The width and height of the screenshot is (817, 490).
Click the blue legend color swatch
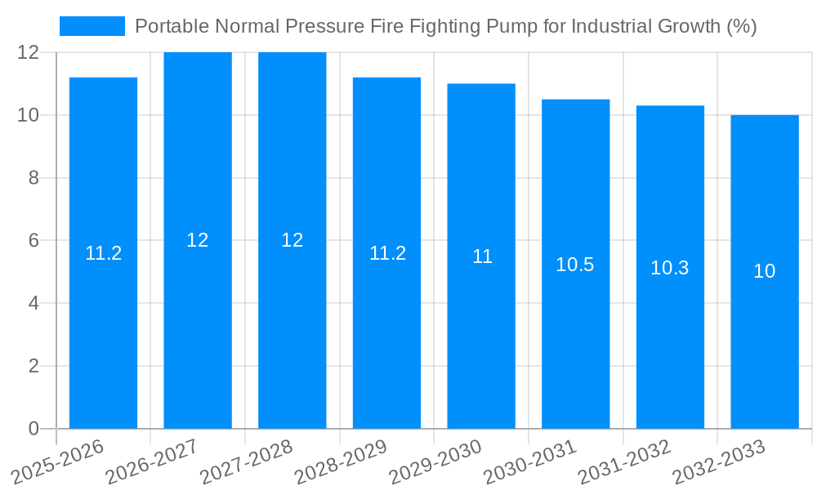pos(92,26)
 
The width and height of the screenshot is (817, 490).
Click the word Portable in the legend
pos(166,26)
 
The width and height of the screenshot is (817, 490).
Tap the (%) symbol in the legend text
pos(741,26)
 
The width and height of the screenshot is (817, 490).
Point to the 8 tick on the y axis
pos(33,178)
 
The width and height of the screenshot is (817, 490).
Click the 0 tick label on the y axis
pos(33,429)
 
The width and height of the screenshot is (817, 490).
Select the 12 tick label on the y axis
pos(29,52)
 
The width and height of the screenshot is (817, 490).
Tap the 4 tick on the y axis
pos(33,303)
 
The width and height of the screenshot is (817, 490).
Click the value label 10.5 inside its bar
pos(575,265)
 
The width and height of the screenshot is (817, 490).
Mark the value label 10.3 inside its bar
pos(670,268)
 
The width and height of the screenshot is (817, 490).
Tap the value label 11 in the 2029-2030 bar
pos(482,256)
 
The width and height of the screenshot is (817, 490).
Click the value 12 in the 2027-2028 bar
pos(292,240)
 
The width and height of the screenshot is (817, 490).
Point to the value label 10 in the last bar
pos(765,272)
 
